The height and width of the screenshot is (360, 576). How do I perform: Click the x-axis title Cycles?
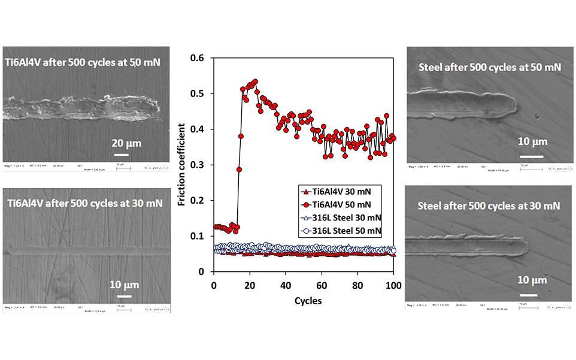click(304, 300)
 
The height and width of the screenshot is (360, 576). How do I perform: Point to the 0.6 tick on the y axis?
click(198, 58)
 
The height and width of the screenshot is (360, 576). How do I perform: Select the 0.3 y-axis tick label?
click(198, 165)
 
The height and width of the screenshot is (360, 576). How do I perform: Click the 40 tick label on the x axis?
click(286, 285)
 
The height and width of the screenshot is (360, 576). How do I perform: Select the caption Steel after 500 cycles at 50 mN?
click(490, 66)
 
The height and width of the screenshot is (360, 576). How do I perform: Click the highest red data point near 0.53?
click(255, 81)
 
